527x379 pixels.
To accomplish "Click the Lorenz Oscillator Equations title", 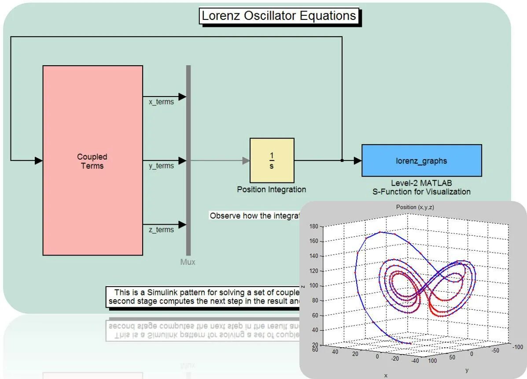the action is tap(279, 16).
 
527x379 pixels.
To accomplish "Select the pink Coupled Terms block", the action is tap(92, 160).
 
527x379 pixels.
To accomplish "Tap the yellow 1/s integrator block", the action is tap(272, 160).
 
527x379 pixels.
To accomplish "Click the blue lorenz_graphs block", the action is tap(421, 160).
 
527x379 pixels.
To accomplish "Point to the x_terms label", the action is tap(161, 102).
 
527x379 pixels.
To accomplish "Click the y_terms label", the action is tap(161, 166).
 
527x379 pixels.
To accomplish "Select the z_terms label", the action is tap(161, 230).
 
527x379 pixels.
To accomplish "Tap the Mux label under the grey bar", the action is tap(188, 262).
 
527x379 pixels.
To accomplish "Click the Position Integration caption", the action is tap(271, 189).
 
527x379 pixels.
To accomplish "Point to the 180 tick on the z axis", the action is tap(313, 227).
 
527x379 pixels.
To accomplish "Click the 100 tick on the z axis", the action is tap(313, 286).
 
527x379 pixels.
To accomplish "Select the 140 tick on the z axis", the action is tap(313, 256).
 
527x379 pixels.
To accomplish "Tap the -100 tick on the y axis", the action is tap(518, 347).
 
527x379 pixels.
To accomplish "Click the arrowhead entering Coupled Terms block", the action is tap(39, 160).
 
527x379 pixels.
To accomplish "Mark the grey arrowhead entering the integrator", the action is tap(246, 160).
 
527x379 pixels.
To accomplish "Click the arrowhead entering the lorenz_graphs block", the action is tap(357, 160).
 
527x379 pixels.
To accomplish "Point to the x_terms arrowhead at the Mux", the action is tap(182, 97).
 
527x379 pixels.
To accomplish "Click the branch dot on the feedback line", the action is tap(342, 160).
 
